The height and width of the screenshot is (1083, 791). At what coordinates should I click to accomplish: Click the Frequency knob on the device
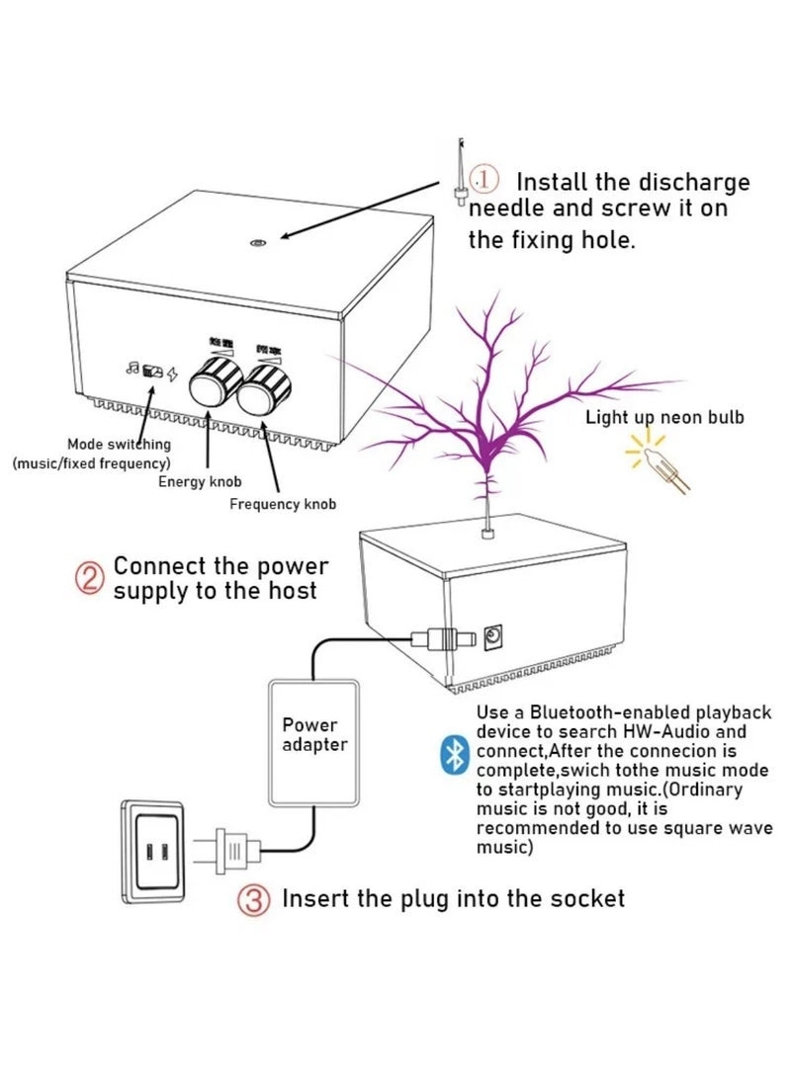[x=264, y=387]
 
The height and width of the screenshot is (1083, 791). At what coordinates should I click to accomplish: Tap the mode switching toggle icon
[x=152, y=373]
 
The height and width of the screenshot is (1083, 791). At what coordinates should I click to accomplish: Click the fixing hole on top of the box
[x=257, y=243]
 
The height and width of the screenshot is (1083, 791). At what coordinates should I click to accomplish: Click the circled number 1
[x=483, y=179]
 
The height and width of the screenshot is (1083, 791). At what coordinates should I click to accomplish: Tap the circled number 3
[x=253, y=899]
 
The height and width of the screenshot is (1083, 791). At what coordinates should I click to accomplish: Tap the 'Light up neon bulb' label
[x=663, y=417]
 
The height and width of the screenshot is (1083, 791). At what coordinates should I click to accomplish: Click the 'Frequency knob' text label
[x=283, y=504]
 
